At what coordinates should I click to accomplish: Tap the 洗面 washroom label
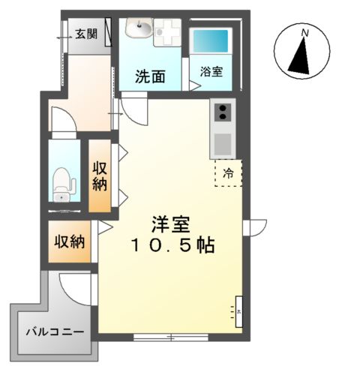[x=150, y=76]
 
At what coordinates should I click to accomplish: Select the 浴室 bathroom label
[x=211, y=72]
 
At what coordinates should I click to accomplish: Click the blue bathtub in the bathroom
[x=211, y=42]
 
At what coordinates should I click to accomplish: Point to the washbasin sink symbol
[x=139, y=30]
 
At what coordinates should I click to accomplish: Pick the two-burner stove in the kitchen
[x=223, y=112]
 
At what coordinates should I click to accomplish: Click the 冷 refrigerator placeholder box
[x=228, y=172]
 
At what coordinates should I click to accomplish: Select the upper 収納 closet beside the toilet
[x=100, y=175]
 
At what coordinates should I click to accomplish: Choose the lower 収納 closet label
[x=68, y=242]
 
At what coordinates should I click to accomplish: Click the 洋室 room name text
[x=172, y=224]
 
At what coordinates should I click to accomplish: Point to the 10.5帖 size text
[x=172, y=245]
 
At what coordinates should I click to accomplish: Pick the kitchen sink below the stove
[x=223, y=142]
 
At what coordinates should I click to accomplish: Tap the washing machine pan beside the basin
[x=167, y=32]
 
